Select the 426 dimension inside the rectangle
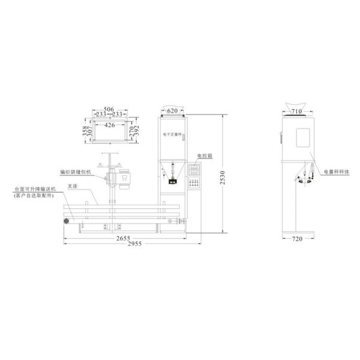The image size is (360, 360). [x=109, y=126]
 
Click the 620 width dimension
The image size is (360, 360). [x=173, y=111]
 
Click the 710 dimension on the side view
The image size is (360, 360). [x=296, y=111]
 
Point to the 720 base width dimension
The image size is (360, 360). [x=296, y=238]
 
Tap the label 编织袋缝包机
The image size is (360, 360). [x=75, y=171]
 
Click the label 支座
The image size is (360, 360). [x=73, y=185]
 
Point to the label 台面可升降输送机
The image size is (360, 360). [x=35, y=188]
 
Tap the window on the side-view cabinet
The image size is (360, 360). [x=302, y=136]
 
